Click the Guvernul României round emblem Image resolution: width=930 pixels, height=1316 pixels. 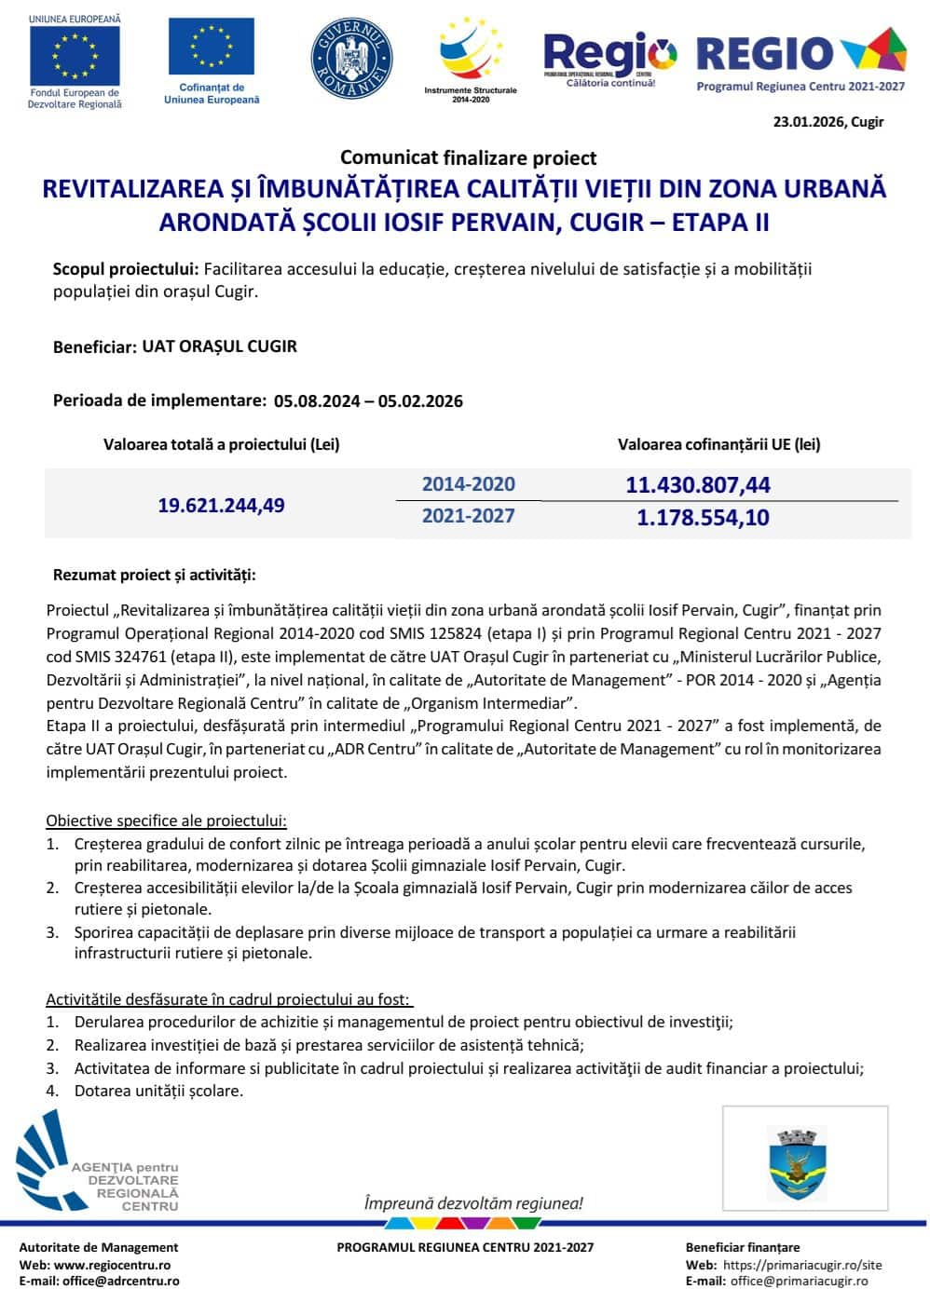(x=351, y=57)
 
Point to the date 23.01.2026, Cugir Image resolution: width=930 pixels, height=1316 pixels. (x=827, y=122)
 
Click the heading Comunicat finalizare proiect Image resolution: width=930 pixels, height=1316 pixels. (x=468, y=157)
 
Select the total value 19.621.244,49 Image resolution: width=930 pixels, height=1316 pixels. (x=221, y=506)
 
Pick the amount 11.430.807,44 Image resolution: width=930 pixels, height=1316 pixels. (x=698, y=484)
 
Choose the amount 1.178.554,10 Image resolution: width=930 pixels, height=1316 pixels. (x=703, y=518)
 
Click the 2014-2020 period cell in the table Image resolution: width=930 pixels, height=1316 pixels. (x=468, y=484)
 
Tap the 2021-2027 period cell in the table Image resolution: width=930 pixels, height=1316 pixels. (x=468, y=516)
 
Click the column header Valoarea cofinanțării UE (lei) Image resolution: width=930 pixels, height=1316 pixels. (x=718, y=444)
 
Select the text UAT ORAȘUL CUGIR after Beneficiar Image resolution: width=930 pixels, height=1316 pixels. (x=220, y=346)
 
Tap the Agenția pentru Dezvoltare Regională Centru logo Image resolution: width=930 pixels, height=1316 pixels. (x=97, y=1167)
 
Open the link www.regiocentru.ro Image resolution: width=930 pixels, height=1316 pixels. (x=112, y=1265)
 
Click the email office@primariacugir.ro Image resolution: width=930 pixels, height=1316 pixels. (x=799, y=1281)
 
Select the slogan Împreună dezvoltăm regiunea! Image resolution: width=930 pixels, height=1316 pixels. (x=473, y=1203)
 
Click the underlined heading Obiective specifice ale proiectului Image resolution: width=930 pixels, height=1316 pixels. (x=167, y=821)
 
